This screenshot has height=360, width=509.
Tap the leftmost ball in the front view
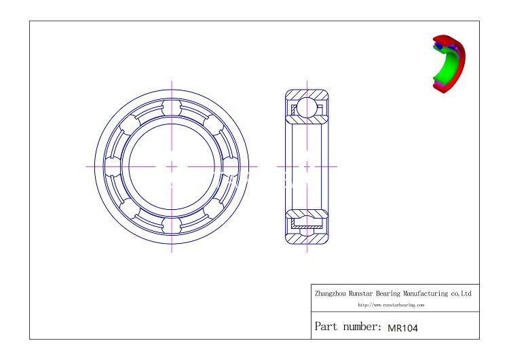[115, 166]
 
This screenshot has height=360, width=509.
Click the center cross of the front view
[172, 166]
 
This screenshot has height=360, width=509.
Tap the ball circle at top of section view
[307, 107]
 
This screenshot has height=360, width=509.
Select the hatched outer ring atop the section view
[307, 93]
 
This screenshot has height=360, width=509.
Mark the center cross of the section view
[307, 166]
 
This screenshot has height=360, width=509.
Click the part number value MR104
[402, 327]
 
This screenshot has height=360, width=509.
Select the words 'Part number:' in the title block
[347, 327]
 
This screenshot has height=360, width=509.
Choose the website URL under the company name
[391, 305]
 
